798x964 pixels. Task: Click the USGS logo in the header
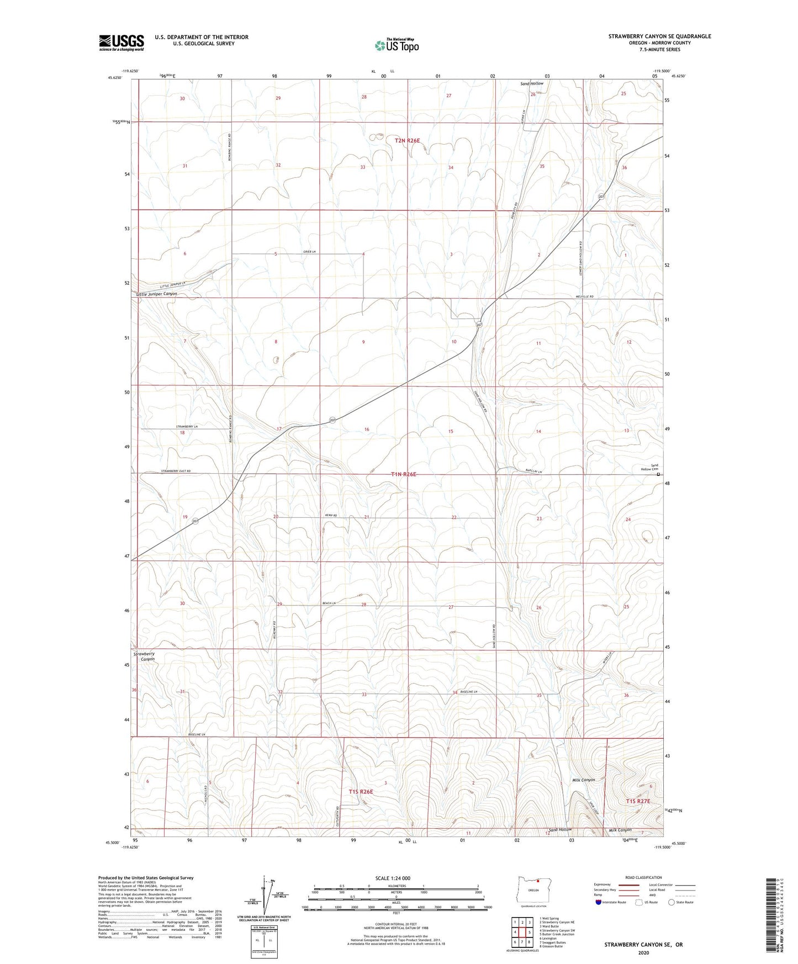click(x=121, y=43)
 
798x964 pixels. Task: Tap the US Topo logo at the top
click(x=396, y=45)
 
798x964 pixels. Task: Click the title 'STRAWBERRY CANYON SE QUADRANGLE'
click(x=659, y=36)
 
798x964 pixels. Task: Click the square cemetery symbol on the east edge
click(x=658, y=474)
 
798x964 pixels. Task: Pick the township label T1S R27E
click(x=638, y=801)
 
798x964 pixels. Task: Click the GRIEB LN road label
click(x=309, y=252)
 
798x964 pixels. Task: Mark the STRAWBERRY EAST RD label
click(x=176, y=471)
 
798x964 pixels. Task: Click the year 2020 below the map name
click(x=643, y=953)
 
